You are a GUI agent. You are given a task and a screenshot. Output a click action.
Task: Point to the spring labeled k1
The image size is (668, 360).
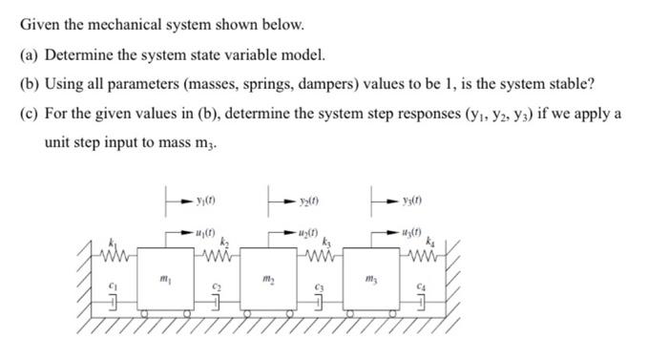click(119, 255)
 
